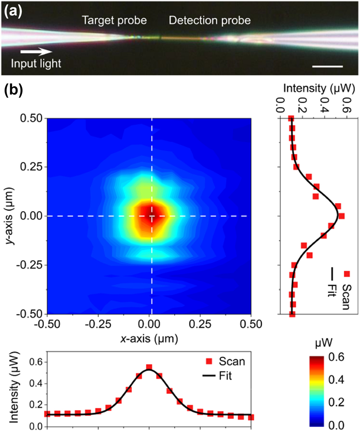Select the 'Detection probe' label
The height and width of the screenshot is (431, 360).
[x=210, y=21]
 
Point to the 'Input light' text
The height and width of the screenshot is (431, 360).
[x=35, y=64]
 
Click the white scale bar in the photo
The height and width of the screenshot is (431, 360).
[x=327, y=67]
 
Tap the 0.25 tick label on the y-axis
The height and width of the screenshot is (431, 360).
[x=31, y=167]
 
